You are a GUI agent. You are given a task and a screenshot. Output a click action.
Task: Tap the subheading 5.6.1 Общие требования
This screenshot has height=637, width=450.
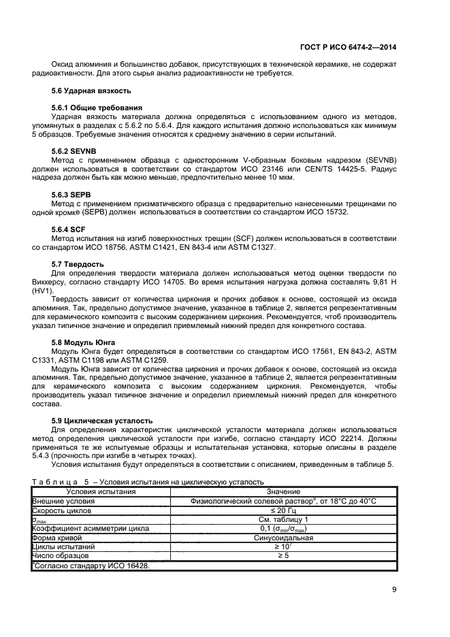(97, 108)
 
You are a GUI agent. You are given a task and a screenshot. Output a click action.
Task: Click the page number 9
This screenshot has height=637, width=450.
(394, 590)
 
